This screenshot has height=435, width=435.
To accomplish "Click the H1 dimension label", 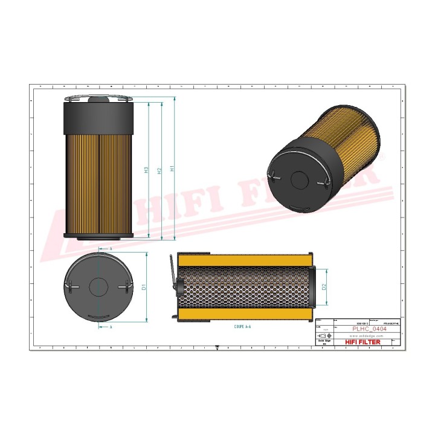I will [173, 170].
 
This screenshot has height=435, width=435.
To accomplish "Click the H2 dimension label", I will [159, 170].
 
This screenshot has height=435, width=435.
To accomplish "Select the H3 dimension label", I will [147, 170].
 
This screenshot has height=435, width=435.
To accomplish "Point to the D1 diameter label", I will [144, 287].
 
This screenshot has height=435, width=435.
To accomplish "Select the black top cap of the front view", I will [98, 117].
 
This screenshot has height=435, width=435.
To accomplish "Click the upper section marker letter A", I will [111, 248].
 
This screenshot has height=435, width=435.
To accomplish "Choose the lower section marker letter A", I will [111, 326].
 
